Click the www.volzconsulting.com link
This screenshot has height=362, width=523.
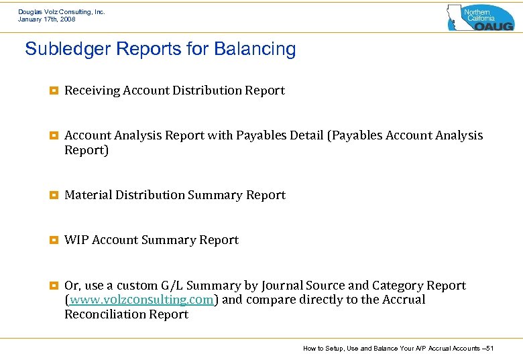click(141, 300)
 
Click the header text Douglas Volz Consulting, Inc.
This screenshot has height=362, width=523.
click(61, 12)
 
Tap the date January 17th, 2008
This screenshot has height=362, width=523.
click(46, 19)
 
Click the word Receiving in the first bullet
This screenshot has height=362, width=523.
click(92, 90)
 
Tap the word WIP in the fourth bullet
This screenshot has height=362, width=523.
click(76, 240)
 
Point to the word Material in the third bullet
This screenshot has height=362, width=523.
click(89, 195)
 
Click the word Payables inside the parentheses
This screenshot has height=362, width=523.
click(355, 135)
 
